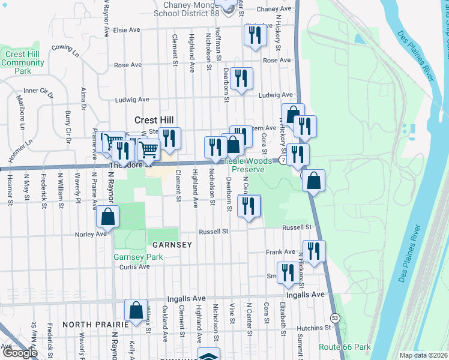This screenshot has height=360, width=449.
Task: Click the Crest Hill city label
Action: [149, 120]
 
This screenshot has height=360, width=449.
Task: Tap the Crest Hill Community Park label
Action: [23, 62]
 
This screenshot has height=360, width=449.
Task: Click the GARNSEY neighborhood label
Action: [172, 245]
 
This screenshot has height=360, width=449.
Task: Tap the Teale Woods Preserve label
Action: [244, 166]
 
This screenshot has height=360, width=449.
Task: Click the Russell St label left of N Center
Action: [214, 231]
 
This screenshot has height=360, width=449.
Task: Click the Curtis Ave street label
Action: [134, 267]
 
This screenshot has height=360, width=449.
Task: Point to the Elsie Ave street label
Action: [126, 29]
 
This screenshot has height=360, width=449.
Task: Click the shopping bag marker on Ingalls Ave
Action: [136, 310]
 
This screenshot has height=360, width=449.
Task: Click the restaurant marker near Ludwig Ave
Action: [241, 78]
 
